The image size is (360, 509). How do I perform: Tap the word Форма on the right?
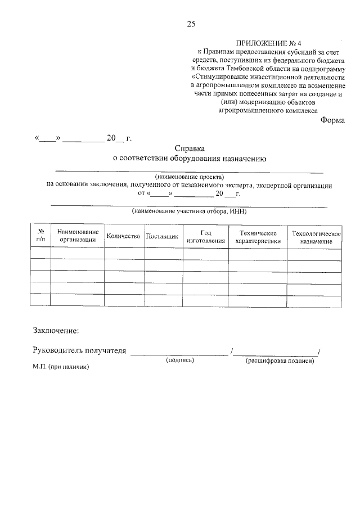332,120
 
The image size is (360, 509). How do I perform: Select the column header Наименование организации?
78,236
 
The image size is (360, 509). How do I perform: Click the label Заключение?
56,330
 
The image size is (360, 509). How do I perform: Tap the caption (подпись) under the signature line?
179,360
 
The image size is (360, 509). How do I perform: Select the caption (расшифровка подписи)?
280,361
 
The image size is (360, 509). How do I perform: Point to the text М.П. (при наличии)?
61,367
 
